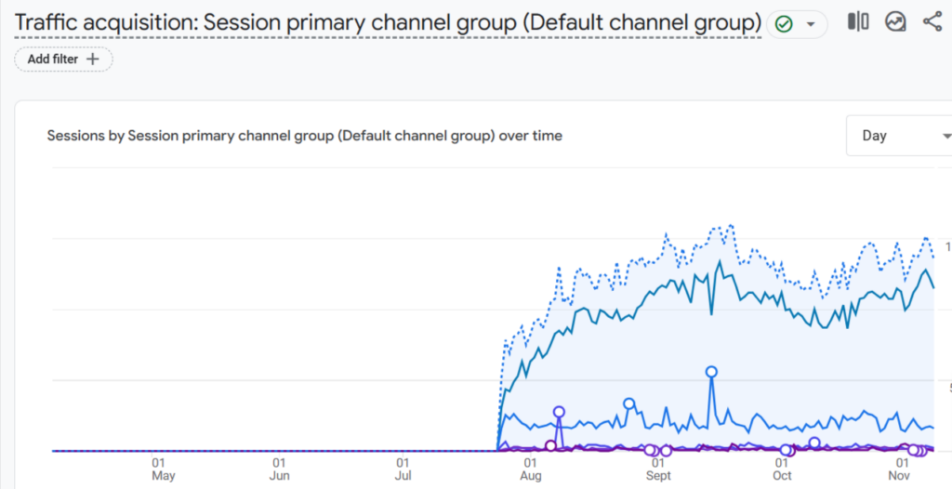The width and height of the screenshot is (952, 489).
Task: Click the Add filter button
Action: (63, 59)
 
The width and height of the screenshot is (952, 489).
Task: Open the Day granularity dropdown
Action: (898, 136)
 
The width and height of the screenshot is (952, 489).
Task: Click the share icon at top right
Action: (932, 21)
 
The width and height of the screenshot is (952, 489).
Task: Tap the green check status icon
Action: (784, 24)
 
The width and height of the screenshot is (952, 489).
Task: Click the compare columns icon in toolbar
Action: (857, 21)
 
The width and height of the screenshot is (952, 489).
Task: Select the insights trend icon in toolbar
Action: (895, 21)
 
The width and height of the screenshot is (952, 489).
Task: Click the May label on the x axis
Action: (163, 476)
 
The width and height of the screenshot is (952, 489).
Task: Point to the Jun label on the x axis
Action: (279, 476)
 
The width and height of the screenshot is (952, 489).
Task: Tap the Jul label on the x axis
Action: (403, 476)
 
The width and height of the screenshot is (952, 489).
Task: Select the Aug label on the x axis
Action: (530, 476)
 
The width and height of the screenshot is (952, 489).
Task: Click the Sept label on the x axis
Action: (657, 476)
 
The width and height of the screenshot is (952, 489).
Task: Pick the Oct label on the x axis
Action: (782, 476)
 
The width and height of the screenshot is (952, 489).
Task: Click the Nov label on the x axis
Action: (899, 476)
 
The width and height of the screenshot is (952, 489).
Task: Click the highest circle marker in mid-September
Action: (711, 371)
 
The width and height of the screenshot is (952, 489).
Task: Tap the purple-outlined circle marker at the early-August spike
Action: (559, 412)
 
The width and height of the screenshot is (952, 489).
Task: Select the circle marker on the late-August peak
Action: (628, 403)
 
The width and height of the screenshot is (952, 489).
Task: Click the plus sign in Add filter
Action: (92, 59)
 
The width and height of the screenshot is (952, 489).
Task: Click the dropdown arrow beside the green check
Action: (811, 24)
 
